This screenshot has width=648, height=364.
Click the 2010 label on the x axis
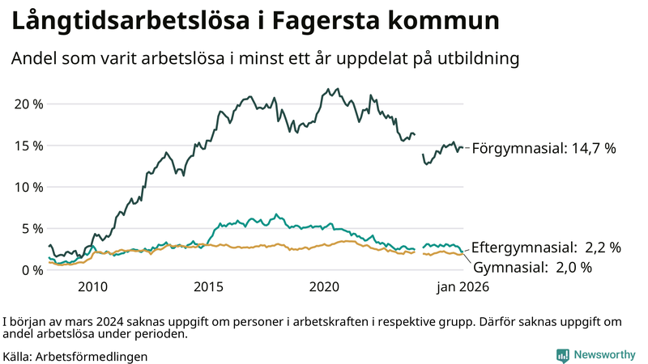92,287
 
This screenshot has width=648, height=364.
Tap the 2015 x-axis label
208,287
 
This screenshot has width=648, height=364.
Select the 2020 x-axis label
324,287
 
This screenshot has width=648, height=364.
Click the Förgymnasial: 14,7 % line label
544,148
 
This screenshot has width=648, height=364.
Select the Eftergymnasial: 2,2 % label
546,248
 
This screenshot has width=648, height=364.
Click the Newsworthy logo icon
562,354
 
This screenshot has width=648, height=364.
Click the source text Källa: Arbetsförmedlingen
75,356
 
